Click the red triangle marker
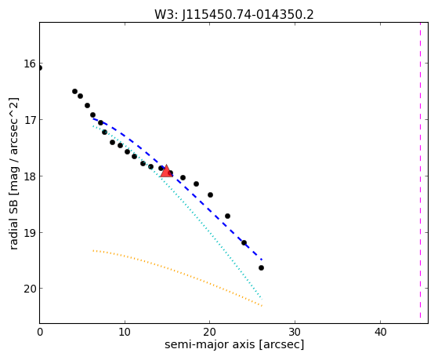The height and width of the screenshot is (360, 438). [x=166, y=171]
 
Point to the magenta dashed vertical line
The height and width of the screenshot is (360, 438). [x=420, y=171]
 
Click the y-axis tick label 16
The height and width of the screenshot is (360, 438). [x=30, y=64]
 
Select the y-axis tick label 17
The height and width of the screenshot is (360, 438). [x=30, y=120]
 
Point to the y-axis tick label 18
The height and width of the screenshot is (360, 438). [x=30, y=176]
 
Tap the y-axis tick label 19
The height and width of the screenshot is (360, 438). [x=30, y=232]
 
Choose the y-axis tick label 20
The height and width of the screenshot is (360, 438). [x=30, y=289]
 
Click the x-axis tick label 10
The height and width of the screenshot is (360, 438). [x=125, y=332]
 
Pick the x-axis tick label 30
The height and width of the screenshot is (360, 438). [x=295, y=332]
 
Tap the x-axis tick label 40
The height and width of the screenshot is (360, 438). [x=380, y=332]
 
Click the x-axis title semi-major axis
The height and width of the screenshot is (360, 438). [x=210, y=344]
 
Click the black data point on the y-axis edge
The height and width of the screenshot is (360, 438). [x=39, y=68]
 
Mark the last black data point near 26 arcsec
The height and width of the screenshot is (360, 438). [x=261, y=268]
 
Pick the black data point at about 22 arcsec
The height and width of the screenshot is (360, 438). [x=227, y=216]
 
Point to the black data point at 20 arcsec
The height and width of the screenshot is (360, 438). [x=210, y=195]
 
